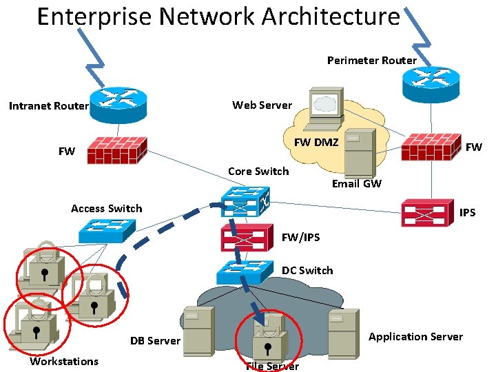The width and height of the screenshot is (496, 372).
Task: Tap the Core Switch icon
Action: pos(245,201)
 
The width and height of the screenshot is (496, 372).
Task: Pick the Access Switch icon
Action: pos(107,230)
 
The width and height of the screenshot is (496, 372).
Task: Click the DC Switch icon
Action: pos(245,271)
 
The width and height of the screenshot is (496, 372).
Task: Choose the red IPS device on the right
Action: pos(428,212)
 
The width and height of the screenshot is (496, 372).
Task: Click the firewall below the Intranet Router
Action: pos(118,149)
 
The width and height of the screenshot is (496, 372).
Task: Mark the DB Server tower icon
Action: pos(197,330)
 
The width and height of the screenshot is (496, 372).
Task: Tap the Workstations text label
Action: pos(64,362)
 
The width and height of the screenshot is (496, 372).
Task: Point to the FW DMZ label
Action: pos(316,143)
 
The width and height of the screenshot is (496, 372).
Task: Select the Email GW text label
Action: pos(356,183)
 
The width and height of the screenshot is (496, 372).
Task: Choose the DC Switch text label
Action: pos(307,270)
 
